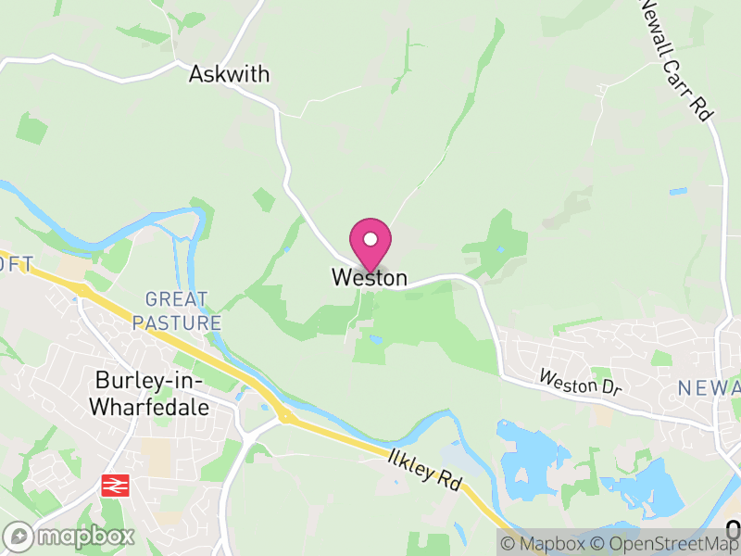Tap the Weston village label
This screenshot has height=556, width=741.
(369, 278)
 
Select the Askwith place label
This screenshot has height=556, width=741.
(229, 75)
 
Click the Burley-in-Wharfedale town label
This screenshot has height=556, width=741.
(153, 393)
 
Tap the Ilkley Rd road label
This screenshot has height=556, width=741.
(425, 468)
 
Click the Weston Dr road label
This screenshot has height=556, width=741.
(580, 382)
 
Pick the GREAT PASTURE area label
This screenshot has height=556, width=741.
(177, 311)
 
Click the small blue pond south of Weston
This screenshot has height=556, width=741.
(375, 340)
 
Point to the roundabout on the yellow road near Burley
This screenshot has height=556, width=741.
(287, 417)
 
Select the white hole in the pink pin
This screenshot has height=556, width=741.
(370, 239)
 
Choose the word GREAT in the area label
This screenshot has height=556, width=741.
(177, 299)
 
